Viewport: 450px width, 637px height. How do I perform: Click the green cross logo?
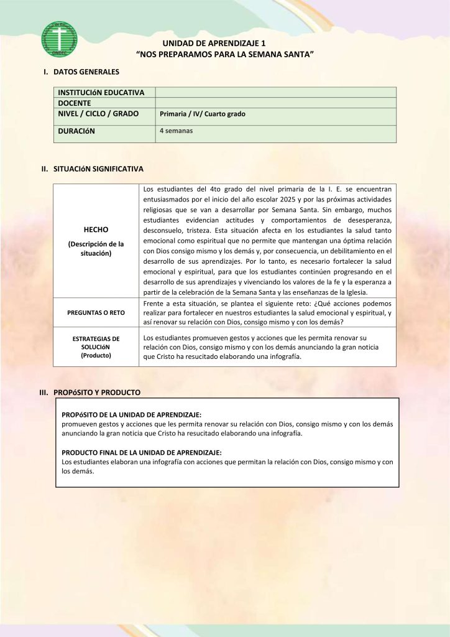60,39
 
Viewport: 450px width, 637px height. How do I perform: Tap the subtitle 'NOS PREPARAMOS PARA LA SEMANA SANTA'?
224,55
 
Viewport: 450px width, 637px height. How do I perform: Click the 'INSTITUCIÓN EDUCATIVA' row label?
101,93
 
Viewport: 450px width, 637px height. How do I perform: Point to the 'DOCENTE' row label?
75,103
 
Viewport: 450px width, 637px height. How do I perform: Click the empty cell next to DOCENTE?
275,103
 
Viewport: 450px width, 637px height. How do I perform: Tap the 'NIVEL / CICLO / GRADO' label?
98,114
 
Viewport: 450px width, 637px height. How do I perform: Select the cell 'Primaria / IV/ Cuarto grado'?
203,114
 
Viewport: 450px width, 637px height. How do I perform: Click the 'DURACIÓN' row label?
76,131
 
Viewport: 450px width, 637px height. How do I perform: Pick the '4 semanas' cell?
177,131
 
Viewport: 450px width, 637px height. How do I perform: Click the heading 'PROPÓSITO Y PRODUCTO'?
97,393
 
